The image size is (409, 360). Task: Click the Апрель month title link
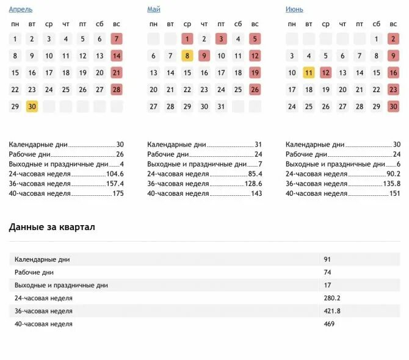21,10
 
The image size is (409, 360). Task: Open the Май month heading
153,10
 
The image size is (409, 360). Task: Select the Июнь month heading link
294,10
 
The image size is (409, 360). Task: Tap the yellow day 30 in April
32,106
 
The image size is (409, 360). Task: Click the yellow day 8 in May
187,56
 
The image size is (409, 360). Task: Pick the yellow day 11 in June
309,73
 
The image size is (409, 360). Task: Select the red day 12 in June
325,73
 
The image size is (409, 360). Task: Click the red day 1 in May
187,38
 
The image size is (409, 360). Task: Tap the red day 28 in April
117,89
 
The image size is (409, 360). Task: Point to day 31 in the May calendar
221,106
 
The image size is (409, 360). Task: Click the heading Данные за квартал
52,227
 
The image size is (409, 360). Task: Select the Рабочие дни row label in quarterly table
34,272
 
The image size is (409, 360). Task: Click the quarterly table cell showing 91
328,259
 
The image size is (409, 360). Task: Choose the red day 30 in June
393,106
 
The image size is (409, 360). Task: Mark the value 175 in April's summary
118,193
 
